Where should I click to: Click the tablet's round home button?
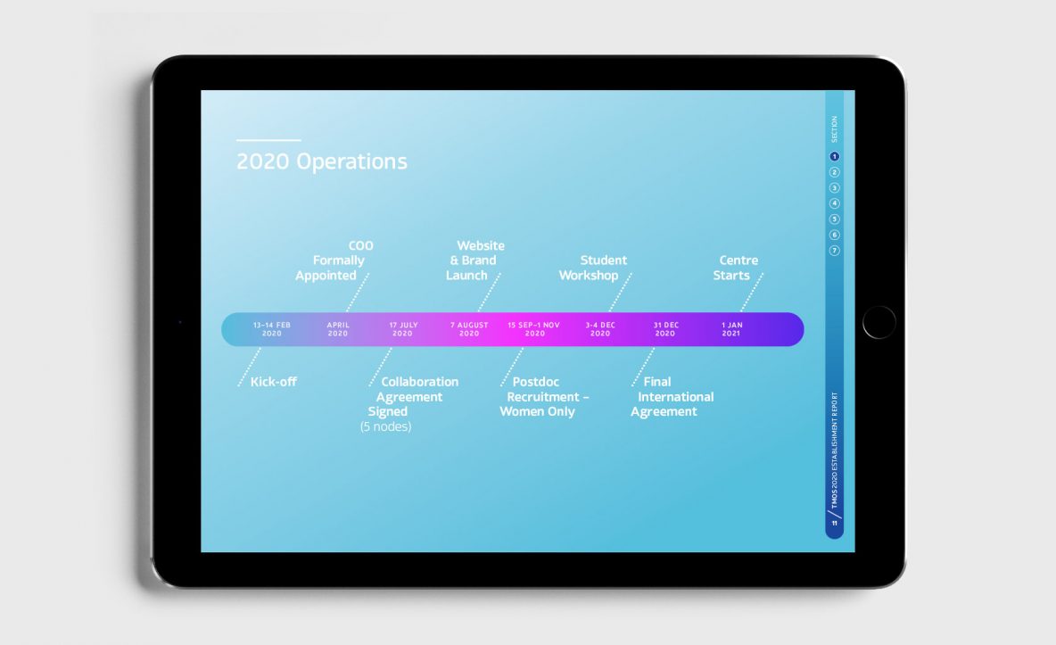879,322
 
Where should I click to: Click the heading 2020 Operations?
322,161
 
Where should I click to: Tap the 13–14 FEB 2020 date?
272,329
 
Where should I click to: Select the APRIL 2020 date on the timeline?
338,329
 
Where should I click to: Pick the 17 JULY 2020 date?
403,329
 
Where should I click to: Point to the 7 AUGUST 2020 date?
469,329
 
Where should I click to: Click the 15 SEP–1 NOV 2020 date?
534,329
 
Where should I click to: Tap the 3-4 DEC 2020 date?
600,329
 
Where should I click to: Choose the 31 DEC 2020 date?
665,329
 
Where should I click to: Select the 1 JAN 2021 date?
731,329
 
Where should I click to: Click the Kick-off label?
274,382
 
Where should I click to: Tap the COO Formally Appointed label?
334,260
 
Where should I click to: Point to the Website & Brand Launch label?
474,260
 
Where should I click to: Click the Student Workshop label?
592,268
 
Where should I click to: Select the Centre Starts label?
736,268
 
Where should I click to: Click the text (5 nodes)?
386,426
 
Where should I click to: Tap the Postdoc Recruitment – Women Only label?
544,397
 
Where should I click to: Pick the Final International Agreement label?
672,397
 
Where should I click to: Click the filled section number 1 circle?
835,156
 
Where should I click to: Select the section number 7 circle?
835,251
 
